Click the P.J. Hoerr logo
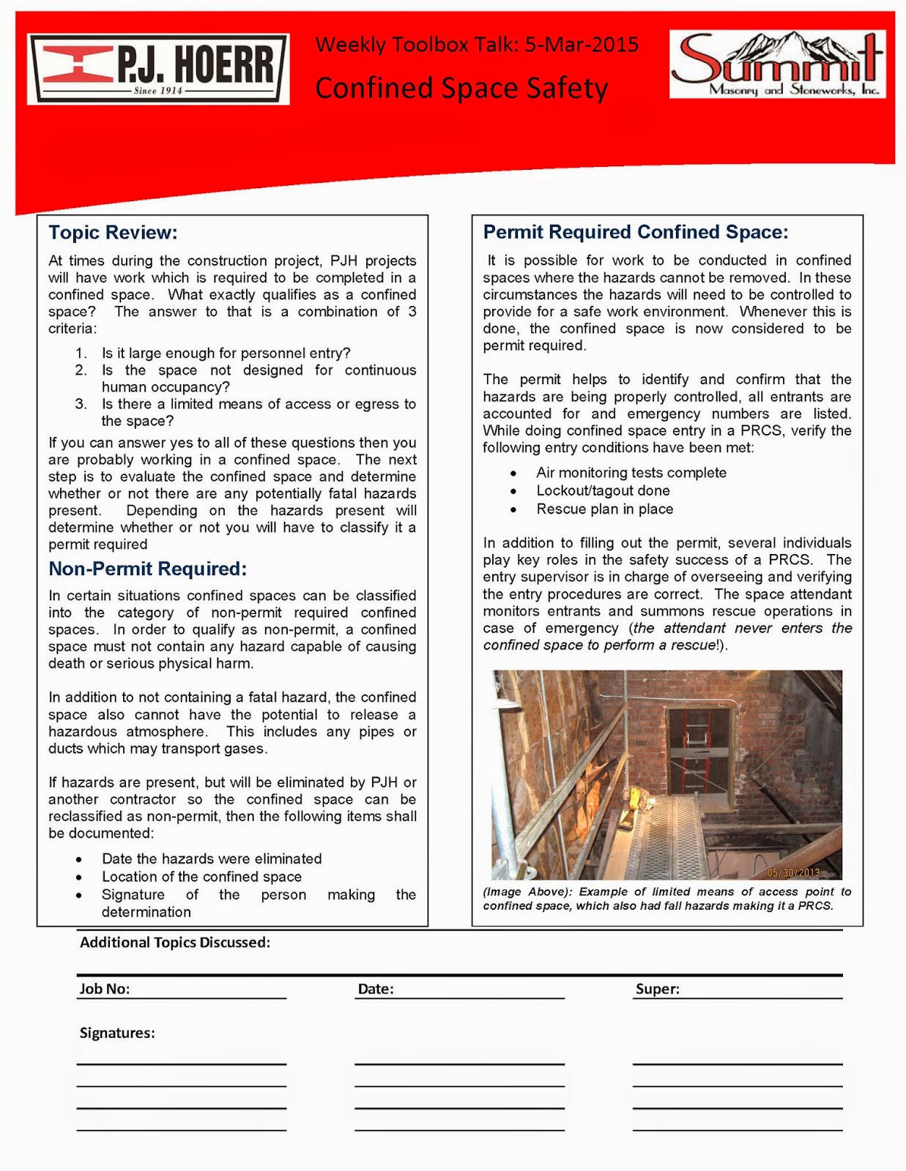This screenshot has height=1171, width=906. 158,69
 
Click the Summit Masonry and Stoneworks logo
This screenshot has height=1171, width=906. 777,64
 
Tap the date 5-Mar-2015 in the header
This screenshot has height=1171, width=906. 582,45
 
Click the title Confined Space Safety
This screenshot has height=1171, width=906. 461,89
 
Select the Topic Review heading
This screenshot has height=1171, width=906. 113,233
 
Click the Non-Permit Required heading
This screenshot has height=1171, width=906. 147,569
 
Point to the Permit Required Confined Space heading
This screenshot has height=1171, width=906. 635,232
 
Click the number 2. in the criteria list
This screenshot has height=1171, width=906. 81,370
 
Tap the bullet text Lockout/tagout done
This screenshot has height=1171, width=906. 603,490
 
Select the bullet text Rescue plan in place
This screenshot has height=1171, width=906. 604,509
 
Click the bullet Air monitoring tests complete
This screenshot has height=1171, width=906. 631,473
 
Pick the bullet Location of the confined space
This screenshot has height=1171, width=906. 201,877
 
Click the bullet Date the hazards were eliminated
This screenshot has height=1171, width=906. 212,858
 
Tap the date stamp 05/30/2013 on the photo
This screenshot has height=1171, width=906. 793,872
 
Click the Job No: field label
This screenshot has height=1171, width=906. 105,989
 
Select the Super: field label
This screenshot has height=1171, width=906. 657,989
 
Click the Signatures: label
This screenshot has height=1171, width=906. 117,1033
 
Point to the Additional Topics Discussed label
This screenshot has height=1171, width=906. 174,943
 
